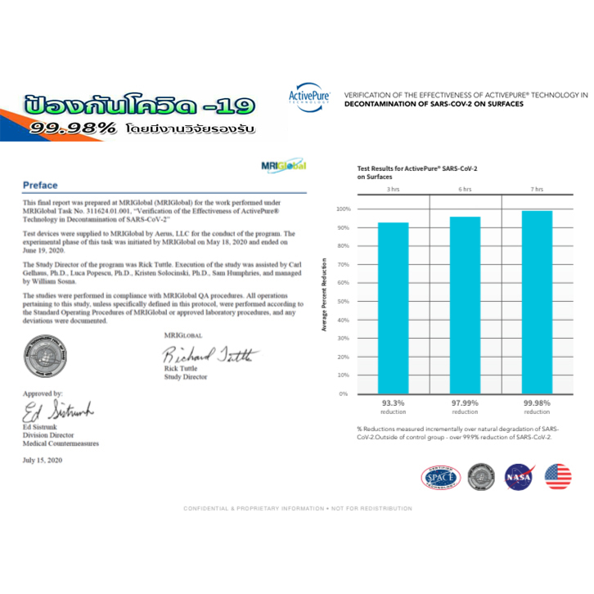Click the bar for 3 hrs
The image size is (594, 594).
pyautogui.click(x=394, y=308)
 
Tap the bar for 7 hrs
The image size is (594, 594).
pyautogui.click(x=537, y=302)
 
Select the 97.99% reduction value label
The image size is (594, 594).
pyautogui.click(x=466, y=403)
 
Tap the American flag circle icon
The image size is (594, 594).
pyautogui.click(x=557, y=476)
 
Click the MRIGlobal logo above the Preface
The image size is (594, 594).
pyautogui.click(x=283, y=166)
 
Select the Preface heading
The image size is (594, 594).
pyautogui.click(x=41, y=186)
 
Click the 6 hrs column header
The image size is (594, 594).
pyautogui.click(x=466, y=189)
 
